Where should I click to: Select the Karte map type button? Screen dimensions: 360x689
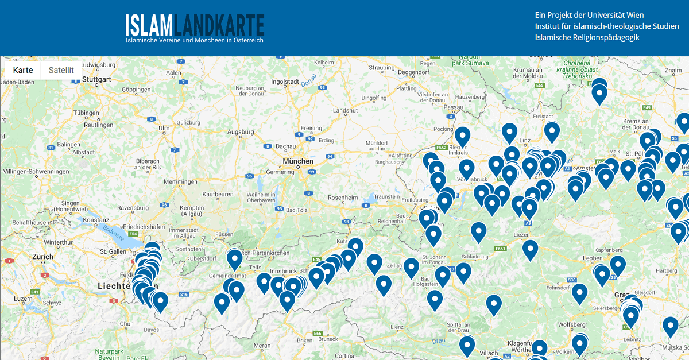pos(23,70)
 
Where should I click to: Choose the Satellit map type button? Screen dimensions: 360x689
pos(61,70)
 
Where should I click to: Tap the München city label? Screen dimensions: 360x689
pos(298,161)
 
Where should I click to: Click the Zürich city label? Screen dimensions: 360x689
pos(43,257)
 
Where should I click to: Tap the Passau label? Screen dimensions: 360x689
pos(453,107)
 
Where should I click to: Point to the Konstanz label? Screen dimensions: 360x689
pos(95,219)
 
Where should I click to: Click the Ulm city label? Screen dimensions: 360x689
pos(164,127)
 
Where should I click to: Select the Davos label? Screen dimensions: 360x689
pos(152,330)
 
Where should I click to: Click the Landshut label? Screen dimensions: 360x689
pos(345,110)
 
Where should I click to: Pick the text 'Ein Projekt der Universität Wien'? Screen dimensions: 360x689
pos(589,15)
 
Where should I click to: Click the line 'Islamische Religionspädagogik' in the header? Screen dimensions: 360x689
pos(587,37)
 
